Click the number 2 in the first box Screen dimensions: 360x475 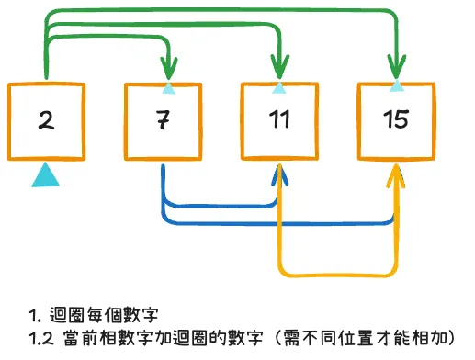(x=43, y=118)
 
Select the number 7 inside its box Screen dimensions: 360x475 (x=162, y=120)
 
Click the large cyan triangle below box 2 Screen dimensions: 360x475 (x=45, y=174)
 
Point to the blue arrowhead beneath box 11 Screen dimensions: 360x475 (x=278, y=174)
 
